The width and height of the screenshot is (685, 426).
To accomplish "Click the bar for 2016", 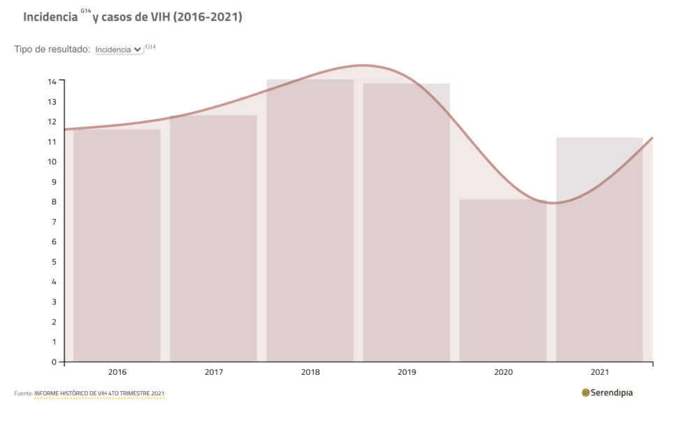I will (x=117, y=245).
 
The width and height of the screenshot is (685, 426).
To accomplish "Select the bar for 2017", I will (x=213, y=238).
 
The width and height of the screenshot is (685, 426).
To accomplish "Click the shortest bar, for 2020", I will (x=503, y=281).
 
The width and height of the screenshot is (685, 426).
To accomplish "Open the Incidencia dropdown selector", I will (x=118, y=50).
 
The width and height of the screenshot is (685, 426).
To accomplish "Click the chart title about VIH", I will (x=133, y=17).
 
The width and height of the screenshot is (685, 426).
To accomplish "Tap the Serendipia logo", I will (x=607, y=392).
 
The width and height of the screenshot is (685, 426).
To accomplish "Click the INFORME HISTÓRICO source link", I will (x=99, y=394).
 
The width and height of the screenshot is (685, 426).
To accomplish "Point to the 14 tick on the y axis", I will (x=52, y=81).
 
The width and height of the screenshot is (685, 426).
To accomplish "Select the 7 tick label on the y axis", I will (x=53, y=222).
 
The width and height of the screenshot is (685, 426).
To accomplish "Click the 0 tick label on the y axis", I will (x=53, y=362).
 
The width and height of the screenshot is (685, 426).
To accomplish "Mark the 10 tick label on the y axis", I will (x=52, y=162).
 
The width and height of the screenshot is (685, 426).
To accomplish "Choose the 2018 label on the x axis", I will (x=310, y=372).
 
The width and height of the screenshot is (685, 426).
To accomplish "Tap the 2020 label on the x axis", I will (x=503, y=372).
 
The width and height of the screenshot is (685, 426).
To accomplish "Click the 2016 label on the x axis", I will (x=117, y=372).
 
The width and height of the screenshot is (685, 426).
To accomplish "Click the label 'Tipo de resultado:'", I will (x=52, y=50).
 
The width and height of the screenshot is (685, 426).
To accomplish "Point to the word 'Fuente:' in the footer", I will (x=23, y=394).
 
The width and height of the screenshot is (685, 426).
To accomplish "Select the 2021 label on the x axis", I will (x=599, y=372).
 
